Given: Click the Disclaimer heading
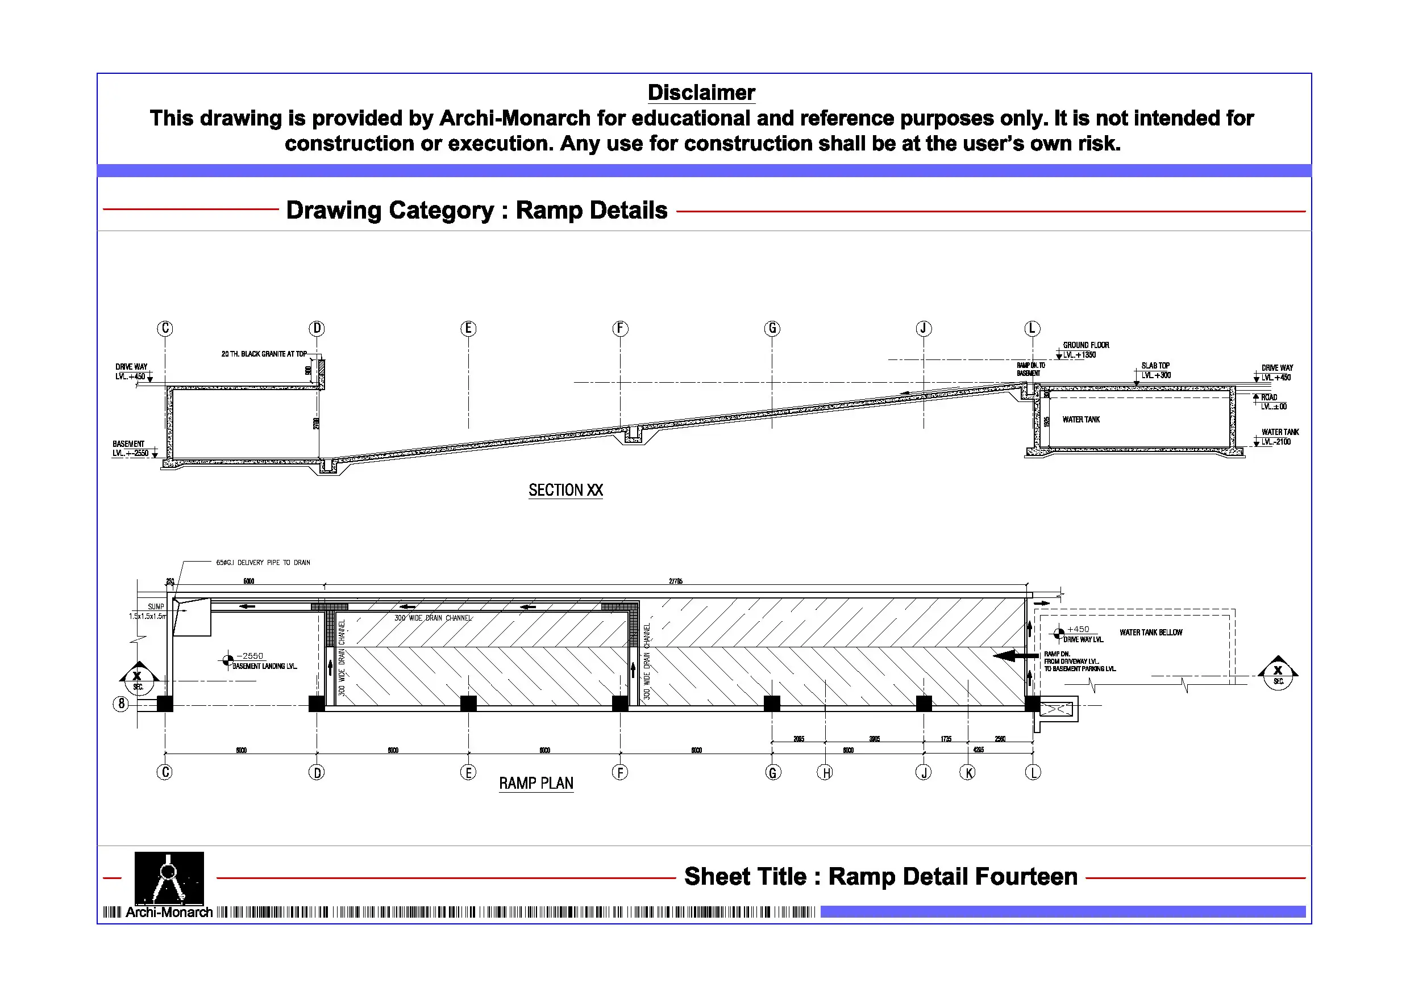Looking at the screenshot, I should point(701,93).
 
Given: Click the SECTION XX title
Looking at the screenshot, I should point(565,490).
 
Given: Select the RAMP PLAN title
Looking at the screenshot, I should point(535,784).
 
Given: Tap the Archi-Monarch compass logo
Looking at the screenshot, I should point(169,877).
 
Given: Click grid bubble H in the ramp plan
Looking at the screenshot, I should point(826,773).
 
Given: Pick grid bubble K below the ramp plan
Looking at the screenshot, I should point(968,773).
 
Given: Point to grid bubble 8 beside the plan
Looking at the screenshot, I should point(121,704).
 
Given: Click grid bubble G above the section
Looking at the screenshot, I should point(772,328).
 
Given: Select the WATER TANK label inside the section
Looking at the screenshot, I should point(1081,420).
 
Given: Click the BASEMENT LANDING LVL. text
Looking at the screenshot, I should point(265,667).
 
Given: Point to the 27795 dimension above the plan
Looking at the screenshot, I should point(676,581).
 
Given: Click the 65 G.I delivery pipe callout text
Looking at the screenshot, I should point(263,563).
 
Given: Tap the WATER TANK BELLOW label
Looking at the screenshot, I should point(1150,633).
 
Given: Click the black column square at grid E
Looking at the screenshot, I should point(468,703).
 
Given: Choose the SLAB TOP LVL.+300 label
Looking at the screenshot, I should point(1155,371).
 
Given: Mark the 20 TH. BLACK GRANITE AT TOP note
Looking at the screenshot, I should point(264,354).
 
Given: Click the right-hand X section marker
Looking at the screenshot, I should point(1278,674).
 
